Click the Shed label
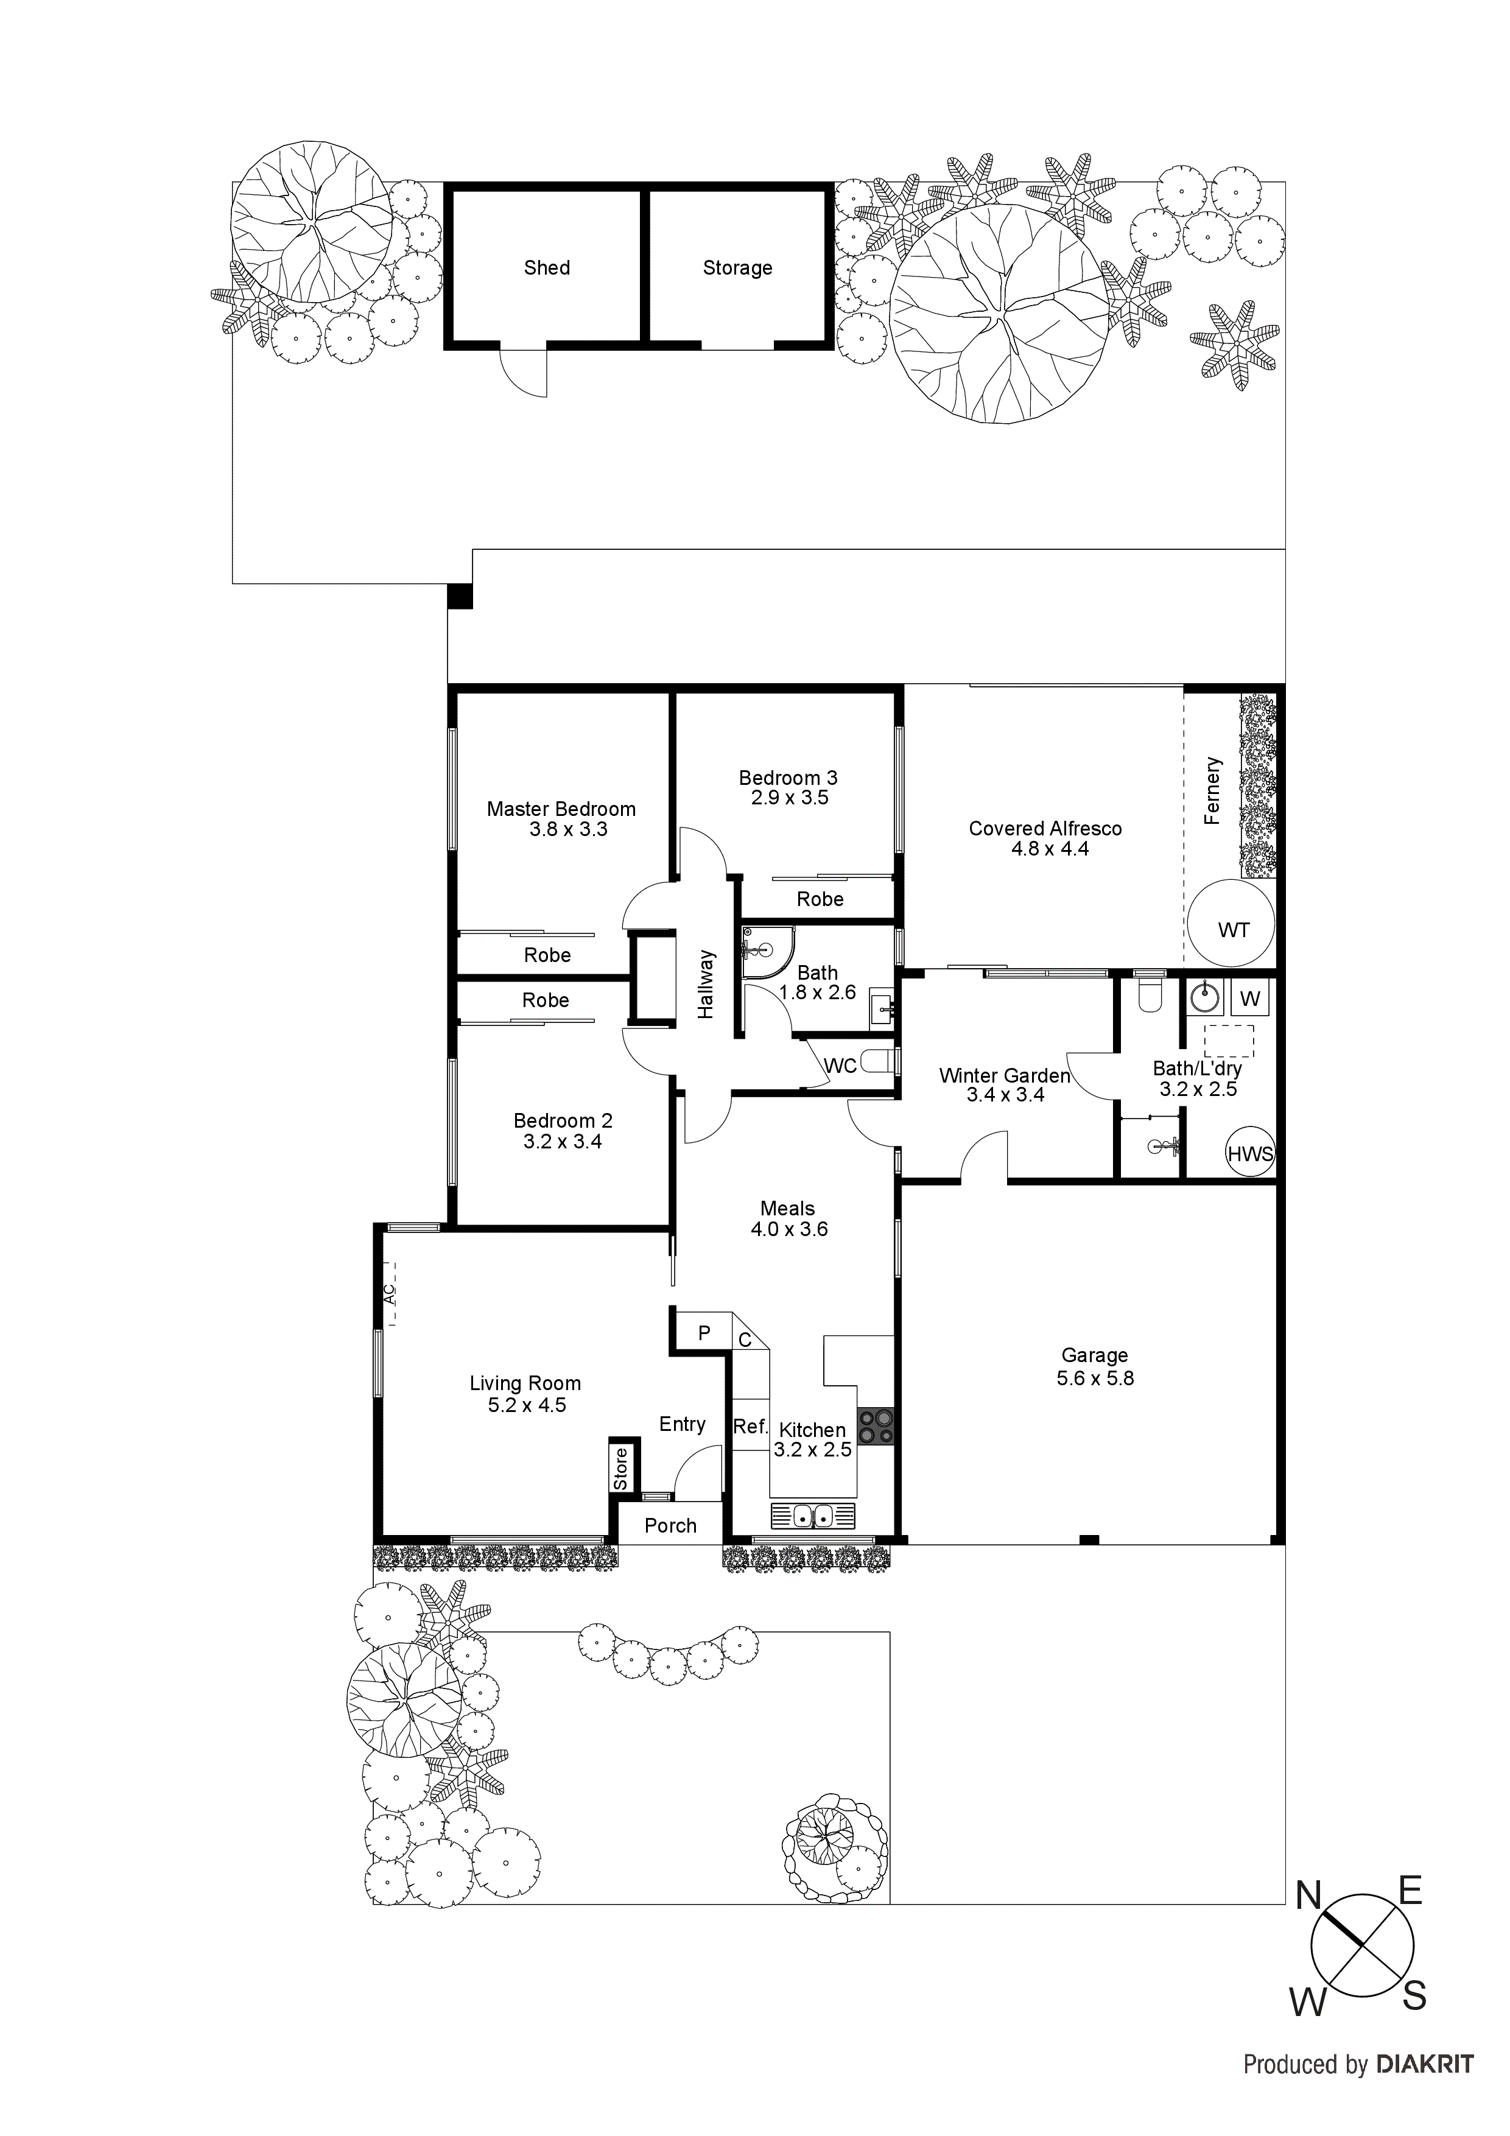[546, 268]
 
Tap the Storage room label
[737, 268]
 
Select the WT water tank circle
[1231, 926]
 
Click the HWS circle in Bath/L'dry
[1249, 1154]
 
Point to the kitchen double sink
[812, 1516]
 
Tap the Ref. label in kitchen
[750, 1426]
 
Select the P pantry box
[703, 1333]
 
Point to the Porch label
[670, 1526]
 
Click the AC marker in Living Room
[390, 1293]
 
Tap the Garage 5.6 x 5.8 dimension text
[1094, 1378]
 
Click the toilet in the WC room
[876, 1061]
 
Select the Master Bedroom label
[561, 809]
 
